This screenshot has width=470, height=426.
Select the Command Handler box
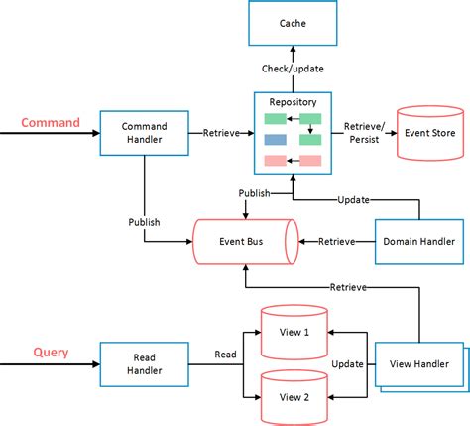pos(144,132)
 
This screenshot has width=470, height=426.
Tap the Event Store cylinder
pos(431,132)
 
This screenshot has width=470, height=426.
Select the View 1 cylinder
pos(294,330)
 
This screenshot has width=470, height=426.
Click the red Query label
pos(51,351)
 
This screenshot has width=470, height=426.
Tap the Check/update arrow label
pos(293,71)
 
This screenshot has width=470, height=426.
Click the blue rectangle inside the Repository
pos(276,139)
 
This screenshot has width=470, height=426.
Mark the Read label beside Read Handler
pos(225,354)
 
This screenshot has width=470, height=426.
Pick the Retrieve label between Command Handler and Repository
pos(219,132)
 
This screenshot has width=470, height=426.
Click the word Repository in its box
pos(293,102)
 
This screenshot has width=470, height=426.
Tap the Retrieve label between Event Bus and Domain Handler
pos(335,240)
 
